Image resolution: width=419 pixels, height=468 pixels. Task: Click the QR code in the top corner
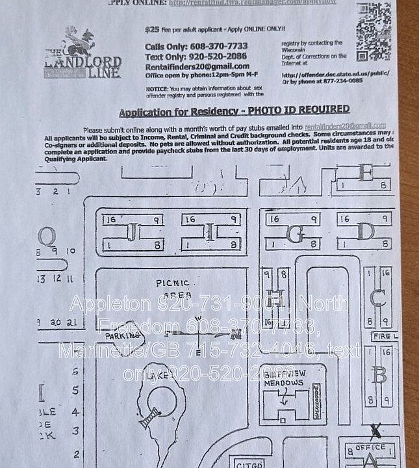(373, 31)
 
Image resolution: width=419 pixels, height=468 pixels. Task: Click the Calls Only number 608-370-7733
(218, 47)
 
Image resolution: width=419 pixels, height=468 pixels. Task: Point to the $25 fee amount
(152, 30)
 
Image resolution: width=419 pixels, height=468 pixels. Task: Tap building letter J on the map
(132, 232)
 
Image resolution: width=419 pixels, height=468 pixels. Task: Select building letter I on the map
(210, 232)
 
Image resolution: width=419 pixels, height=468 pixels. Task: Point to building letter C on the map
(377, 298)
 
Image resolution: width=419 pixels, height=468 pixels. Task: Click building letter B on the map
(379, 375)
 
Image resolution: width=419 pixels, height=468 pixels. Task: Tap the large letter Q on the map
(47, 235)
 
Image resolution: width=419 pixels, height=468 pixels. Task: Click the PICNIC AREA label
(172, 289)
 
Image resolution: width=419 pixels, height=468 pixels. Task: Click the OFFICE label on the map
(370, 448)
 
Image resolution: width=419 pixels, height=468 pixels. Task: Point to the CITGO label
(249, 464)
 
